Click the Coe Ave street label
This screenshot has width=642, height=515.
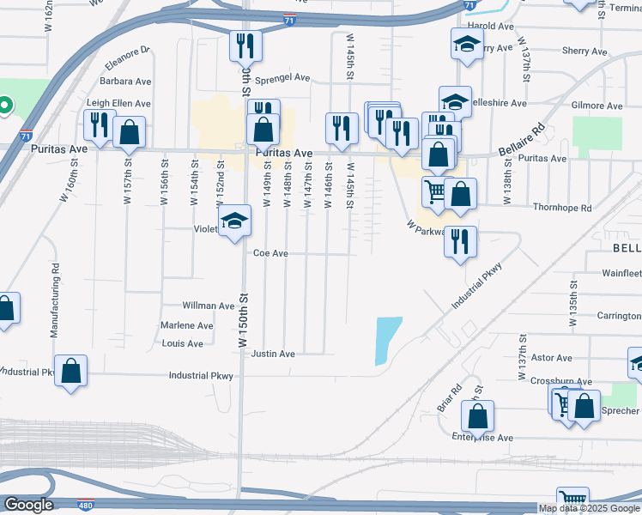[x=270, y=253]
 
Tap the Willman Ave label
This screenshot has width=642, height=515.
[x=209, y=306]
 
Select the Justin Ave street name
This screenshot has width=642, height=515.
[x=273, y=354]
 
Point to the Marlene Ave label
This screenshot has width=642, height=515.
[x=187, y=326]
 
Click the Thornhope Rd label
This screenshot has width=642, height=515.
[x=562, y=208]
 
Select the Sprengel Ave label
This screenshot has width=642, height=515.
[x=282, y=77]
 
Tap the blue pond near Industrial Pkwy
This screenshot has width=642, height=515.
[x=387, y=340]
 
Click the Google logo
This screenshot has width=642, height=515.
[x=28, y=505]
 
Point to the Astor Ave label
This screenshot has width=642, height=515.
[x=551, y=358]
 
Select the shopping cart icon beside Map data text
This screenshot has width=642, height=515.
[x=572, y=500]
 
